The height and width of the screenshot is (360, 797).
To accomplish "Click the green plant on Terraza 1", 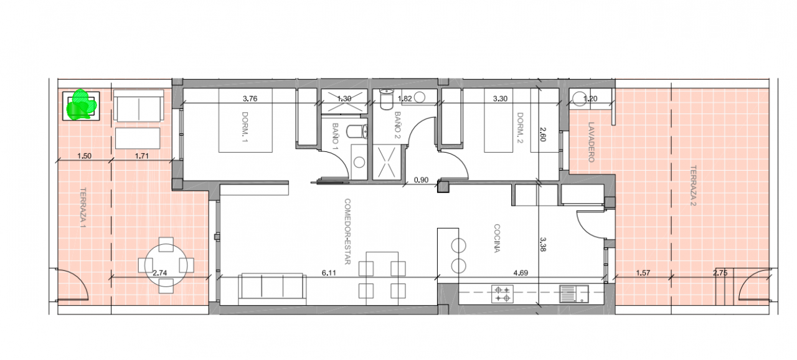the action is [x=81, y=105].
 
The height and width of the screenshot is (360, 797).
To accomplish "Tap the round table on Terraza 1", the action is [x=166, y=265].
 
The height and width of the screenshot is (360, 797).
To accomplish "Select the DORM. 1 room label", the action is [x=245, y=127].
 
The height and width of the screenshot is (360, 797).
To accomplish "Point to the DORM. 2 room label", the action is [x=520, y=128].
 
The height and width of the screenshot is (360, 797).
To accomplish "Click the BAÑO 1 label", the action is [x=335, y=134].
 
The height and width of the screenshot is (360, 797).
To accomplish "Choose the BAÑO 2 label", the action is [x=397, y=125].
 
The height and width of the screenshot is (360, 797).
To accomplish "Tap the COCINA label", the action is [x=497, y=239].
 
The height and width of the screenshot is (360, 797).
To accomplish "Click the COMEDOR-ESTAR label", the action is [x=347, y=232].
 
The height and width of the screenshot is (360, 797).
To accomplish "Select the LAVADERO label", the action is [x=591, y=142].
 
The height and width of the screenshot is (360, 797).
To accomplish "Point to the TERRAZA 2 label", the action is [x=693, y=186].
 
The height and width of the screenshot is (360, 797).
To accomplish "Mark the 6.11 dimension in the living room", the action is [x=328, y=273].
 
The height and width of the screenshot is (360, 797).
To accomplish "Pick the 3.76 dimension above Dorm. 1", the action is [x=250, y=98].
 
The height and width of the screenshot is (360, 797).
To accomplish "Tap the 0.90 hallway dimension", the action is [x=421, y=180].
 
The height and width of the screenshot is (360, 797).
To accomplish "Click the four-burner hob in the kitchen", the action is [x=502, y=294].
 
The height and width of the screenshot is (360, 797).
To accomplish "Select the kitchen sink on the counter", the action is [x=574, y=294].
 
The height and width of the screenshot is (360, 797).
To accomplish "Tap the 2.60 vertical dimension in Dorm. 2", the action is [x=542, y=135].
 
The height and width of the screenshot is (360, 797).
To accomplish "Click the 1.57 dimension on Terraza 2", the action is [x=643, y=273].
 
